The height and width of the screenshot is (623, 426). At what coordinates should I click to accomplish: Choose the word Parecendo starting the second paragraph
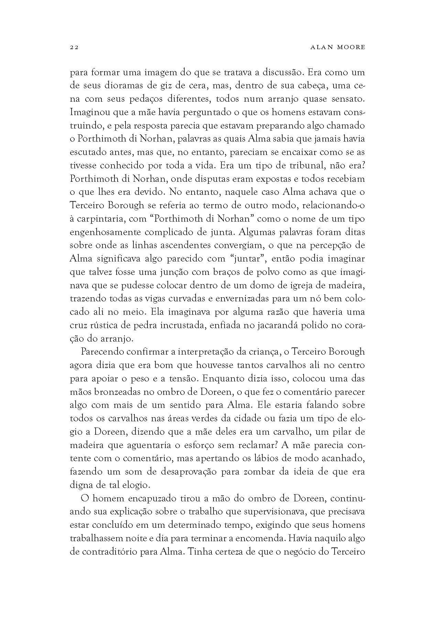(101, 352)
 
